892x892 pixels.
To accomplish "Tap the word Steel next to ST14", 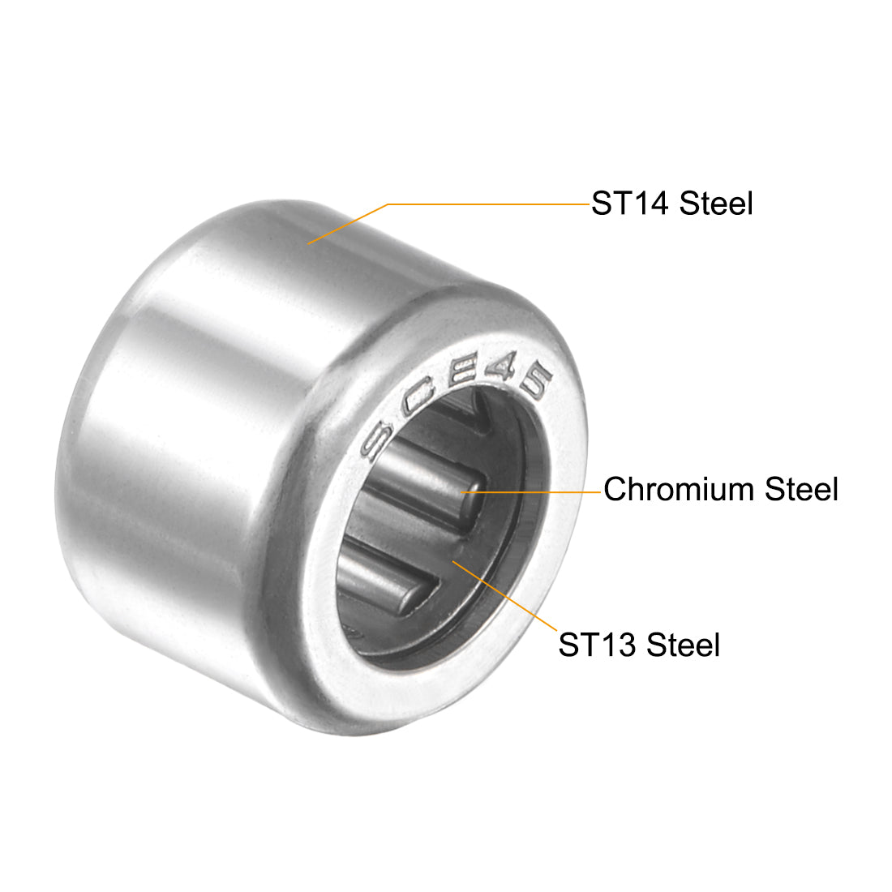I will pyautogui.click(x=716, y=204).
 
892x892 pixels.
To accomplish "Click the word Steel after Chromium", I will pyautogui.click(x=801, y=490).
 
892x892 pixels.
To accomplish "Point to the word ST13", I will pyautogui.click(x=597, y=645).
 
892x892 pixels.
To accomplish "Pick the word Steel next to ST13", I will pyautogui.click(x=683, y=645).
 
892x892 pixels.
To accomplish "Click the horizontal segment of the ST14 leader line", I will pyautogui.click(x=487, y=204).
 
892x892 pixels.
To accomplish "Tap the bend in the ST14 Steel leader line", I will pyautogui.click(x=388, y=204).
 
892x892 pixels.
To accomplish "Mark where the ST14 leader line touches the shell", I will pyautogui.click(x=309, y=242).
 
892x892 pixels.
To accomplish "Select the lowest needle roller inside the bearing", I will pyautogui.click(x=381, y=576).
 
